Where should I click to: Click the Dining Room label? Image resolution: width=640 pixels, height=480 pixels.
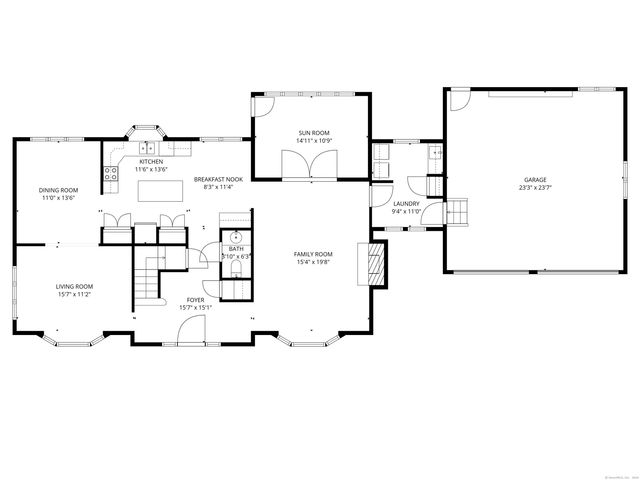pos(59,190)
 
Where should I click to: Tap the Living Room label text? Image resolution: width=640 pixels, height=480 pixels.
pos(74,286)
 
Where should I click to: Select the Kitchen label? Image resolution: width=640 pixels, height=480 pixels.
pos(151,162)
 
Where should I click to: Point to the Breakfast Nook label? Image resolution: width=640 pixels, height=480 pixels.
pos(218,179)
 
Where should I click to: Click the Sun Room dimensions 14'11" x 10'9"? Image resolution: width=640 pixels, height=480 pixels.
pos(312,141)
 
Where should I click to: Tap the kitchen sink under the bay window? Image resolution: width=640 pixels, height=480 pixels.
pos(145,149)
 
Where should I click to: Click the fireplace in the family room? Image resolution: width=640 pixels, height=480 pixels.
pos(377,263)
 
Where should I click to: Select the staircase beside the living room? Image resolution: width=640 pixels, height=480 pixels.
pos(150,276)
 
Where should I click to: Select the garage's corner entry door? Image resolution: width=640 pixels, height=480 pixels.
pos(457,100)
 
